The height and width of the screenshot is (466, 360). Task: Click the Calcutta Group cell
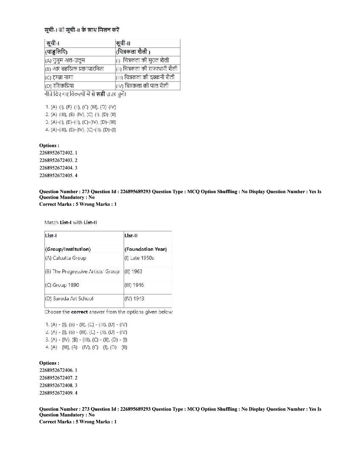point(66,258)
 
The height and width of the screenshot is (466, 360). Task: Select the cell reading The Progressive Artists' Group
point(82,272)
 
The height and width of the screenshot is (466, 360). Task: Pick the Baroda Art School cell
point(69,299)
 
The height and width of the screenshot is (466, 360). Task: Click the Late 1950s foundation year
point(139,258)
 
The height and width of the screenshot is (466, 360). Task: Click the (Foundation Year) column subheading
point(145,249)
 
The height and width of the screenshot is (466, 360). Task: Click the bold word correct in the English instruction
point(80,312)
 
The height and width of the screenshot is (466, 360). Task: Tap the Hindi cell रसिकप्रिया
point(60,86)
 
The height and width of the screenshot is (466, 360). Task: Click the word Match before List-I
point(51,222)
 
